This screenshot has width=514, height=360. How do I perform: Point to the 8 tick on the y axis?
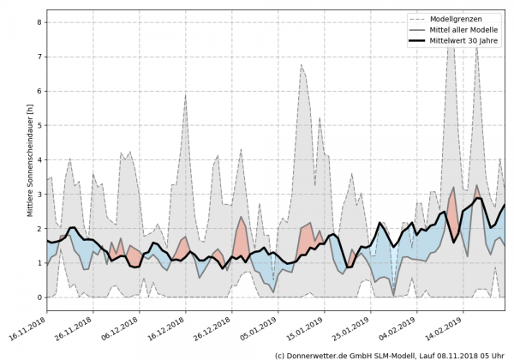pos(39,22)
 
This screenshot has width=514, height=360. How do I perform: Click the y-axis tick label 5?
pos(39,125)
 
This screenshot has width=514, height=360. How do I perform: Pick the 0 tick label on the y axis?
pos(39,297)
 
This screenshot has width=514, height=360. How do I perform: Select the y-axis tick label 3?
pos(39,195)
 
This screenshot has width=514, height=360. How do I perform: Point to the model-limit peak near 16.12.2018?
pos(185,94)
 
